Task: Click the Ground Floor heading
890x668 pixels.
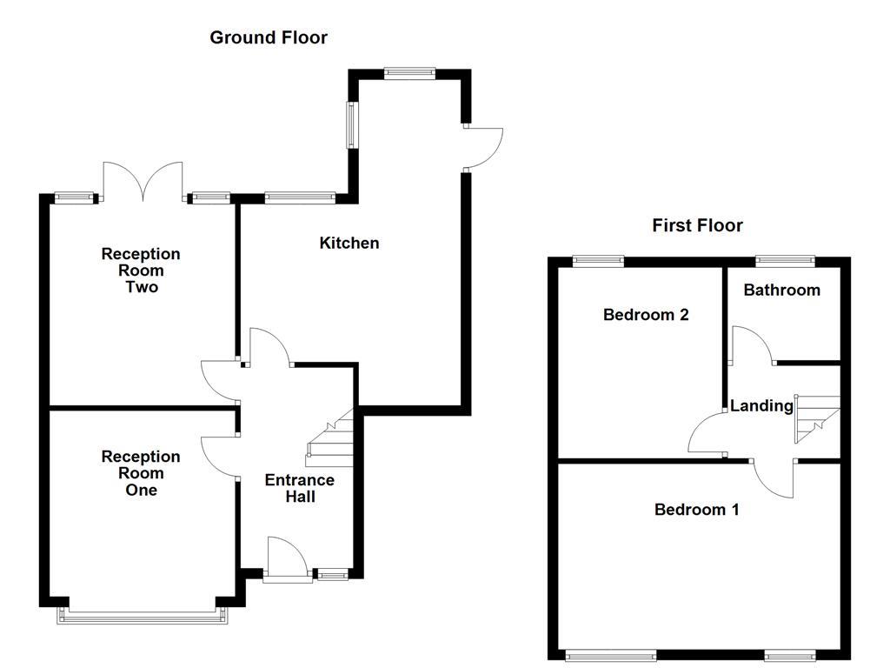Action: [x=269, y=37]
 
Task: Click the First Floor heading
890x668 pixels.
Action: [x=697, y=225]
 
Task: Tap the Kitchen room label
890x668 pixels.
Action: [x=349, y=243]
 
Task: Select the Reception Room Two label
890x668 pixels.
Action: [x=141, y=270]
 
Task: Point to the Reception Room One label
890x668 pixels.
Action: [x=141, y=473]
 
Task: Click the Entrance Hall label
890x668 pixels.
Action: [x=299, y=488]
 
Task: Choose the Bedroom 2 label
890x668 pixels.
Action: [x=646, y=314]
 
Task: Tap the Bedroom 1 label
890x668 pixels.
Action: [x=696, y=509]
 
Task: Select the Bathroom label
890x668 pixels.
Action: [x=781, y=290]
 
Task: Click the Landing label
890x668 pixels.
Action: [x=761, y=405]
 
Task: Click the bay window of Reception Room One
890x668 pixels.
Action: [x=143, y=616]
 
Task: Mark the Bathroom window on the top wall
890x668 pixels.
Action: [x=785, y=259]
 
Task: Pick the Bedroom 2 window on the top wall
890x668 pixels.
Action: [x=598, y=259]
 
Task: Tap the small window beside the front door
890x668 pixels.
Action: [x=331, y=573]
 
